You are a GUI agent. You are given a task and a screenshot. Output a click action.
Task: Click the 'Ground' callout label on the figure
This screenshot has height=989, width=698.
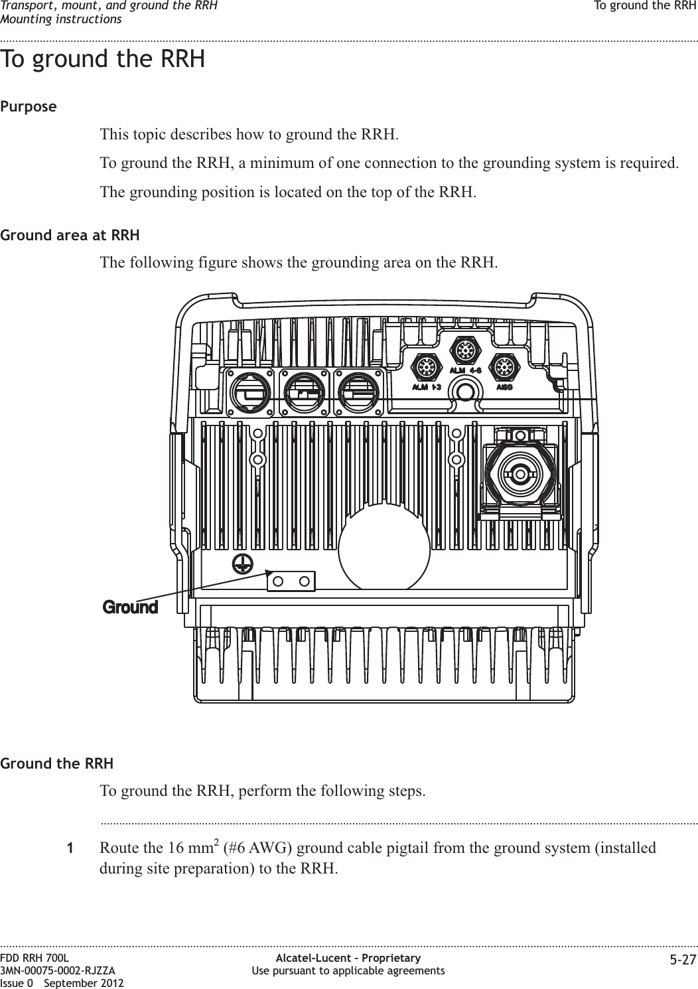(130, 607)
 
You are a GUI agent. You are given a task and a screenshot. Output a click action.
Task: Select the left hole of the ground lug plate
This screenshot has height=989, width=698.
(279, 581)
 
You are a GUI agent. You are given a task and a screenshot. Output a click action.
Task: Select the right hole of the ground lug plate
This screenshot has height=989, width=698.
(305, 581)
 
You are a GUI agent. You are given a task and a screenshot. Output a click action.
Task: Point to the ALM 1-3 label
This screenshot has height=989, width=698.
(428, 386)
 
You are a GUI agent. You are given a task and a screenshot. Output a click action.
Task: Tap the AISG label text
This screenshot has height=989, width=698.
(505, 386)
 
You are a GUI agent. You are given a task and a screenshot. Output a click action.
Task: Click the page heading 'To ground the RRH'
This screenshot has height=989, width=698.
(103, 59)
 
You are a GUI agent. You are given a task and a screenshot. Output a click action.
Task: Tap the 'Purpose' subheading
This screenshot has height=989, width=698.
(29, 107)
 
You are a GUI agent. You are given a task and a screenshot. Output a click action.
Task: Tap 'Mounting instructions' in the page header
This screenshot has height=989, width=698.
(61, 18)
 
